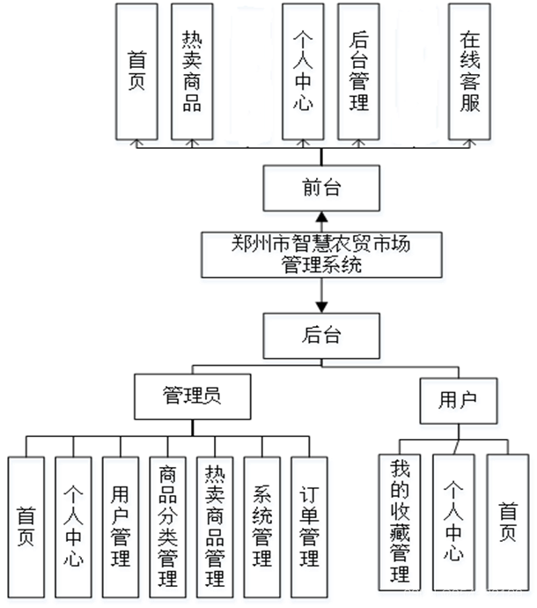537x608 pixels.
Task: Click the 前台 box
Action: [x=323, y=192]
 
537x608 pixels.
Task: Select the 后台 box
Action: [x=323, y=339]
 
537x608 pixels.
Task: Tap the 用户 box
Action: [x=461, y=404]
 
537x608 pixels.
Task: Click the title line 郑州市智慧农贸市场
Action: [x=322, y=248]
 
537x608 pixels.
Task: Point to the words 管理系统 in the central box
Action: [x=322, y=269]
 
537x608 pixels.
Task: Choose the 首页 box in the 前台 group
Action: [x=137, y=75]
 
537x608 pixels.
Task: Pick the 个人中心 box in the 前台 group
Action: [x=304, y=75]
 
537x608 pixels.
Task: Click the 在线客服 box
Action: [x=470, y=75]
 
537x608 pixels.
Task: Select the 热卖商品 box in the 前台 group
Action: [x=193, y=75]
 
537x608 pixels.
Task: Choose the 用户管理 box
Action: [x=122, y=530]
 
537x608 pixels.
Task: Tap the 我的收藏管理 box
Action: [x=403, y=524]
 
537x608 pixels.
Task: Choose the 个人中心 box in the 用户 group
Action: [x=457, y=524]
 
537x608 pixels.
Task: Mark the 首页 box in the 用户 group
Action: [x=509, y=524]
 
